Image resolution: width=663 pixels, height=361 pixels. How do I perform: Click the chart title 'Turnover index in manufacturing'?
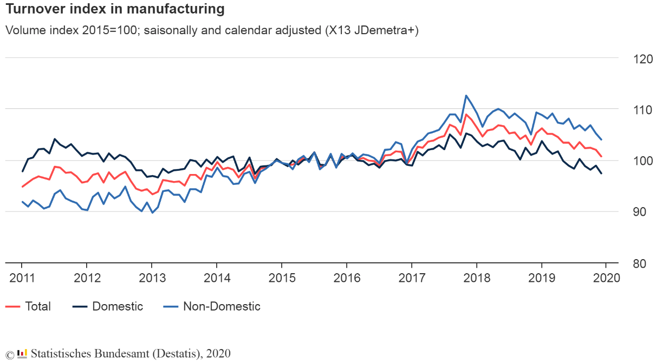[x=115, y=9]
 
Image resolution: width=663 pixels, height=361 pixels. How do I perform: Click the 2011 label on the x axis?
[x=22, y=279]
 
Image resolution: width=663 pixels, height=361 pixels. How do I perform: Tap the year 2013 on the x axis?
[x=152, y=279]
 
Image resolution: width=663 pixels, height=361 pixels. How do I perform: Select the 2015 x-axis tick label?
[x=282, y=279]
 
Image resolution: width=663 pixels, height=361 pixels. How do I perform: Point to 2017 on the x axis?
[x=412, y=279]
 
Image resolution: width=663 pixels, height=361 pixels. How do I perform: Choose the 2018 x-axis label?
[x=477, y=279]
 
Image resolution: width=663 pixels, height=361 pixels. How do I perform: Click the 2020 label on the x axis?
[x=606, y=279]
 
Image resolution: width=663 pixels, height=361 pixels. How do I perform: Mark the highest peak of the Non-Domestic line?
[x=466, y=95]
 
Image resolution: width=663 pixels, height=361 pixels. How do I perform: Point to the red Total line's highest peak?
[x=466, y=114]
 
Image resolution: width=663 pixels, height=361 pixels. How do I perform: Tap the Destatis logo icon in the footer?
[x=22, y=354]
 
